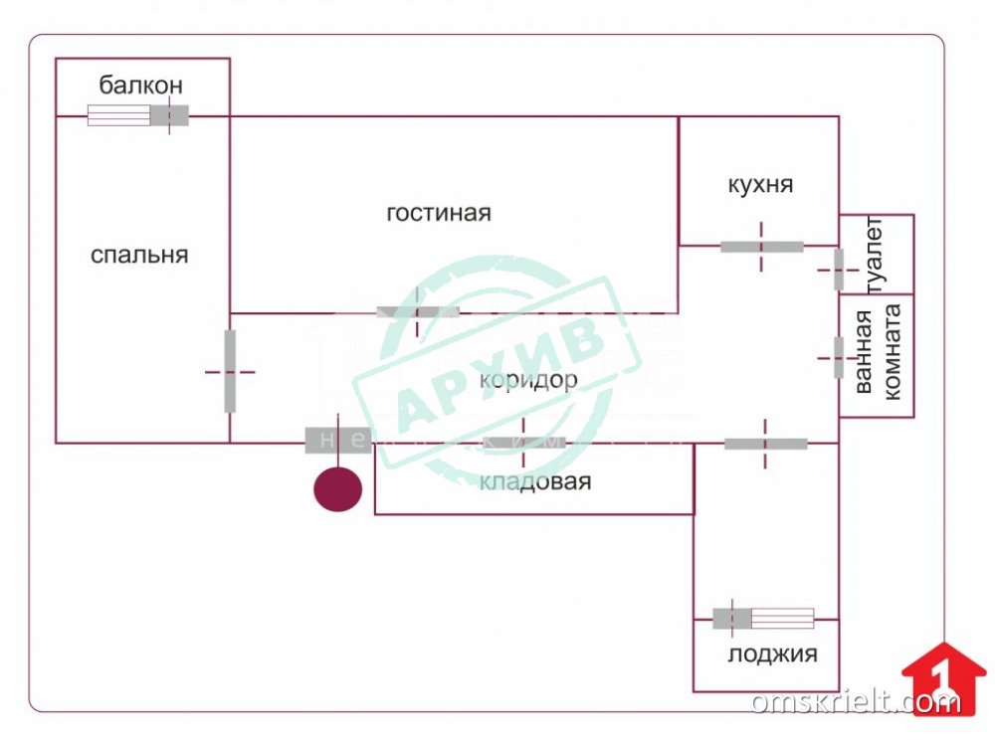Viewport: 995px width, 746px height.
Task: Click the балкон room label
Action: point(140,86)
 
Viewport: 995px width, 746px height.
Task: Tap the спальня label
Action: point(139,255)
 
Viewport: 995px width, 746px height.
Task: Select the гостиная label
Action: point(439,213)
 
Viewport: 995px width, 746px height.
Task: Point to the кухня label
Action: point(760,184)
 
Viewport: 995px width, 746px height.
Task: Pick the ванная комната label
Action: point(877,352)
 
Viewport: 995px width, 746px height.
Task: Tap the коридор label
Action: point(527,380)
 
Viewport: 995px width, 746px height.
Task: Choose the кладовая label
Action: point(535,482)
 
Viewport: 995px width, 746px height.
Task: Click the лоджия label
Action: point(772,653)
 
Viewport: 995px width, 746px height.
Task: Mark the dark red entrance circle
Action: point(338,489)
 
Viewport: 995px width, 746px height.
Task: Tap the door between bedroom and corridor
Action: point(230,371)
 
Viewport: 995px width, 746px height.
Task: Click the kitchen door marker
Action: point(762,246)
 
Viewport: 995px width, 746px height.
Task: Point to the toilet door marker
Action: point(839,269)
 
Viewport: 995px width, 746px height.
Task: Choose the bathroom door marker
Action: point(839,357)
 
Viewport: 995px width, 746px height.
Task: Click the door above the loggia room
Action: point(765,443)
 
